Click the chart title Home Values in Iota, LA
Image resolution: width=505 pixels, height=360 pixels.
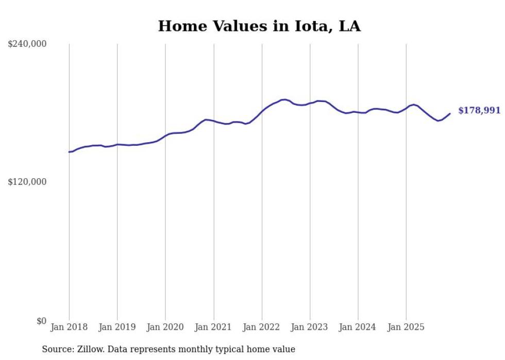(x=259, y=26)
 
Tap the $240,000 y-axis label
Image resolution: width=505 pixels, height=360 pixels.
(x=27, y=44)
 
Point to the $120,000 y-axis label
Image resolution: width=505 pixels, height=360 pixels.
(x=27, y=182)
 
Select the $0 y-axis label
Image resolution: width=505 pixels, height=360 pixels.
(x=41, y=321)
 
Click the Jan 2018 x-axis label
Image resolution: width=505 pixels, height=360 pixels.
(x=69, y=328)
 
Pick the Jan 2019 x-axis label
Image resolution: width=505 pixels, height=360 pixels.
(x=117, y=328)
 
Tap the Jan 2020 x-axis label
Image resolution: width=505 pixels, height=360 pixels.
(x=165, y=328)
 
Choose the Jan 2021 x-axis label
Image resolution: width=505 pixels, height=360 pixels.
(x=213, y=328)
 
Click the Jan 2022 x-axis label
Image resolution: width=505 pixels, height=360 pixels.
(x=262, y=328)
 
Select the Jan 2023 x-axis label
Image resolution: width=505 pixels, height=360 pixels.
(x=310, y=328)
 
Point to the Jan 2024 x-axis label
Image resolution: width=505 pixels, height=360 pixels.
(x=358, y=328)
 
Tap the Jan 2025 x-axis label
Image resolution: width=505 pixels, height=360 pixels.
(x=406, y=328)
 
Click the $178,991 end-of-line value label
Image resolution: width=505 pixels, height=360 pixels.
(x=479, y=111)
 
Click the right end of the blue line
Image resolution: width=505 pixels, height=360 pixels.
(x=450, y=113)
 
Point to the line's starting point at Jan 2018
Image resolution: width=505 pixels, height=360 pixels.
(x=69, y=152)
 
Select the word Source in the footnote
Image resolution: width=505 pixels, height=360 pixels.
(x=57, y=350)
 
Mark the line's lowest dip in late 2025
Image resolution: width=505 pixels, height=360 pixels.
(x=438, y=121)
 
